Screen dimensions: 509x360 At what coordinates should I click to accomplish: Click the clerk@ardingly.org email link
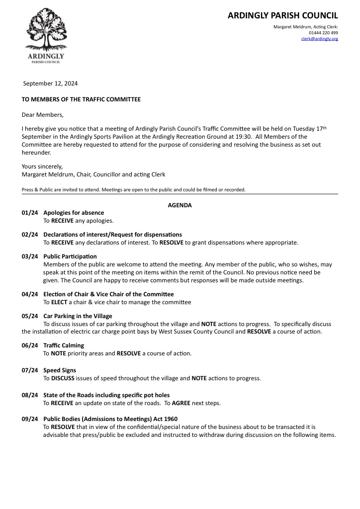point(319,39)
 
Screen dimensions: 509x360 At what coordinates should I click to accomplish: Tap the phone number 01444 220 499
point(323,33)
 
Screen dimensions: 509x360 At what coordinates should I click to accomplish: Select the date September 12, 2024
point(51,84)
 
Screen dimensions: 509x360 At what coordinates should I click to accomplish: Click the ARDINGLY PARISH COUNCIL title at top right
point(282,15)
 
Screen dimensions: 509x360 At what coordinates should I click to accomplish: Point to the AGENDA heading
point(180,205)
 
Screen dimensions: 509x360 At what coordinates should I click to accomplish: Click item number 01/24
point(30,213)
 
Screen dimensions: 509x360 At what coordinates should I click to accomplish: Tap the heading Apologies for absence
point(74,213)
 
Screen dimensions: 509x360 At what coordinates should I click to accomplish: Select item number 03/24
point(30,256)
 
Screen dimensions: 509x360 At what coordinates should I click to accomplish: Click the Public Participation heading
point(70,256)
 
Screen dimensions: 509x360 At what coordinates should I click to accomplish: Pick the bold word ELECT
point(60,302)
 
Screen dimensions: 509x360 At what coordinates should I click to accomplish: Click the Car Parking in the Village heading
point(78,316)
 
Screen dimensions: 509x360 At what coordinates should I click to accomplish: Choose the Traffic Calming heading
point(64,345)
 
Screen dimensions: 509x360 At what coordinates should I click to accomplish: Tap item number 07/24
point(30,370)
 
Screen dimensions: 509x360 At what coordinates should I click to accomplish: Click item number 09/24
point(30,419)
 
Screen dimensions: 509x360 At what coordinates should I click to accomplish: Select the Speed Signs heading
point(60,370)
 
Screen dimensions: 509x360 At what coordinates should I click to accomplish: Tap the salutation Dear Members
point(43,115)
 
